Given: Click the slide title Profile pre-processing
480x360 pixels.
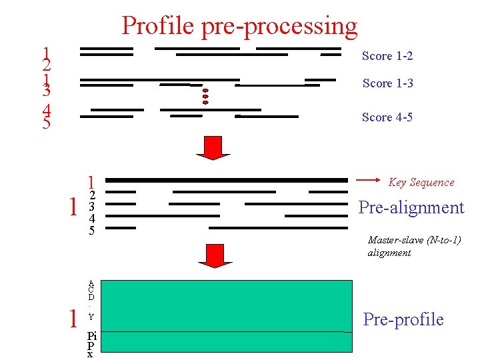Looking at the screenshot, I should tap(239, 25).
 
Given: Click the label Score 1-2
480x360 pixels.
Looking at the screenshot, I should tap(387, 56).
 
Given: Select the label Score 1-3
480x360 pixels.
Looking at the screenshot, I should tap(387, 83).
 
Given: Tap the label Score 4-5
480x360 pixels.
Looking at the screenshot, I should tap(387, 117).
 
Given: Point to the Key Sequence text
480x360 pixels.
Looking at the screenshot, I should tap(421, 183).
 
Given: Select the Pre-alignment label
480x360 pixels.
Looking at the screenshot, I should tap(411, 207).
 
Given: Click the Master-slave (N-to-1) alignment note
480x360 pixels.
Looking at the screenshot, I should tap(414, 246).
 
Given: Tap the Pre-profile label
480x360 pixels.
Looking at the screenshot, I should tap(403, 319).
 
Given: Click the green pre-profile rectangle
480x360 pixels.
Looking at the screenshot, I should tap(227, 315).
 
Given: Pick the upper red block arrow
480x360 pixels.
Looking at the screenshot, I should tap(213, 147).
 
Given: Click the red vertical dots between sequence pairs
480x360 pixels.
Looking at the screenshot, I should tap(205, 96).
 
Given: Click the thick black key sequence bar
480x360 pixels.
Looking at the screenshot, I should tap(227, 180).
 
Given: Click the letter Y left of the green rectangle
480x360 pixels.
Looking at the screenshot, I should tap(91, 317).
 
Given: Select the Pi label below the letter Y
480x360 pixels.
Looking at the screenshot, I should tap(92, 337).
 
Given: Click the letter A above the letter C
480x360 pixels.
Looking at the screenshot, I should tap(91, 283).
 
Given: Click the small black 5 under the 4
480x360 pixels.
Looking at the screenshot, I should tap(92, 231).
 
